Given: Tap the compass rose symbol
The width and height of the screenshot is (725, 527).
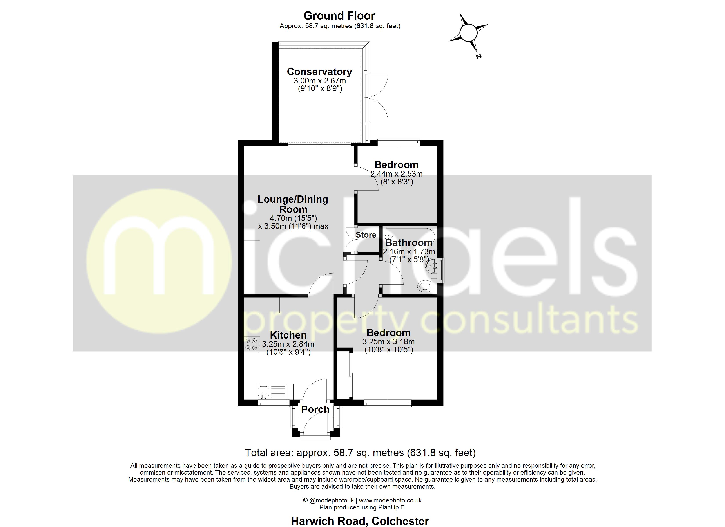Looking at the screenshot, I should pyautogui.click(x=468, y=32).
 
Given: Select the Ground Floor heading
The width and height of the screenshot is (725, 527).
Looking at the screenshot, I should pyautogui.click(x=339, y=16).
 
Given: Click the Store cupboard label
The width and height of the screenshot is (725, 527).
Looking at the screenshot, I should pyautogui.click(x=366, y=235).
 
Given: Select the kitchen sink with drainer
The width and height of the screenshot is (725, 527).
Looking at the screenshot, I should pyautogui.click(x=274, y=392).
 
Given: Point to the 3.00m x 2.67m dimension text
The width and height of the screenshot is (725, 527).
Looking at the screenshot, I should pyautogui.click(x=320, y=81).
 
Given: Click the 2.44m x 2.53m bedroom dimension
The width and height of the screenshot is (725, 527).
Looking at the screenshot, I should pyautogui.click(x=396, y=174).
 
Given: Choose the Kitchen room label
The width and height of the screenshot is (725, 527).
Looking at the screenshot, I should pyautogui.click(x=288, y=335).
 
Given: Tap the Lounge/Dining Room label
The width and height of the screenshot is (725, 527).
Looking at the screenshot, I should pyautogui.click(x=293, y=204).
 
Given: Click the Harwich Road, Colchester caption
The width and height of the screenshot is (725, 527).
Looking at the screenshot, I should pyautogui.click(x=360, y=521).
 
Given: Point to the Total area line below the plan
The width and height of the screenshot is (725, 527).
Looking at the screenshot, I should pyautogui.click(x=360, y=453).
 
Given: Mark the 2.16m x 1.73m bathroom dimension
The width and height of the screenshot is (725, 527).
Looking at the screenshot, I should pyautogui.click(x=409, y=252).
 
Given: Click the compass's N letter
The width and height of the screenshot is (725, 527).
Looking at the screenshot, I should pyautogui.click(x=478, y=56).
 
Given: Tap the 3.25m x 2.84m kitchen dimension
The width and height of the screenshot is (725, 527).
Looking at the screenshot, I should pyautogui.click(x=288, y=344).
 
